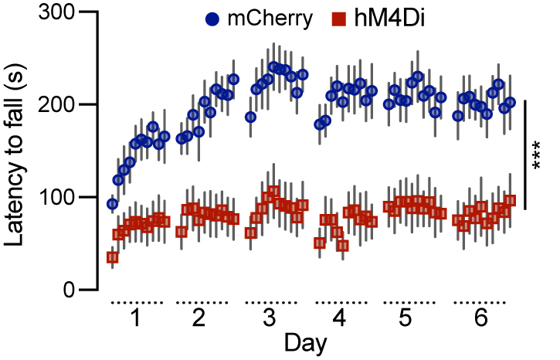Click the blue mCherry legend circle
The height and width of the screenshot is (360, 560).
(212, 19)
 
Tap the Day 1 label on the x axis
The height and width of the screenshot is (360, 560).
(135, 318)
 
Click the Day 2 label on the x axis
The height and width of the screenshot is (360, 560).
(199, 318)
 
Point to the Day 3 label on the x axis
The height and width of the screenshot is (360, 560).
(270, 318)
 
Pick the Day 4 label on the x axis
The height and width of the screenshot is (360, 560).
(340, 318)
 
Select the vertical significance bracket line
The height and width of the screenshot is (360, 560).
(525, 154)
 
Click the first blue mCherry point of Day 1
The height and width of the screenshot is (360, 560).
(113, 204)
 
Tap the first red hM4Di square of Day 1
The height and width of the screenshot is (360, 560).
(113, 257)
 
